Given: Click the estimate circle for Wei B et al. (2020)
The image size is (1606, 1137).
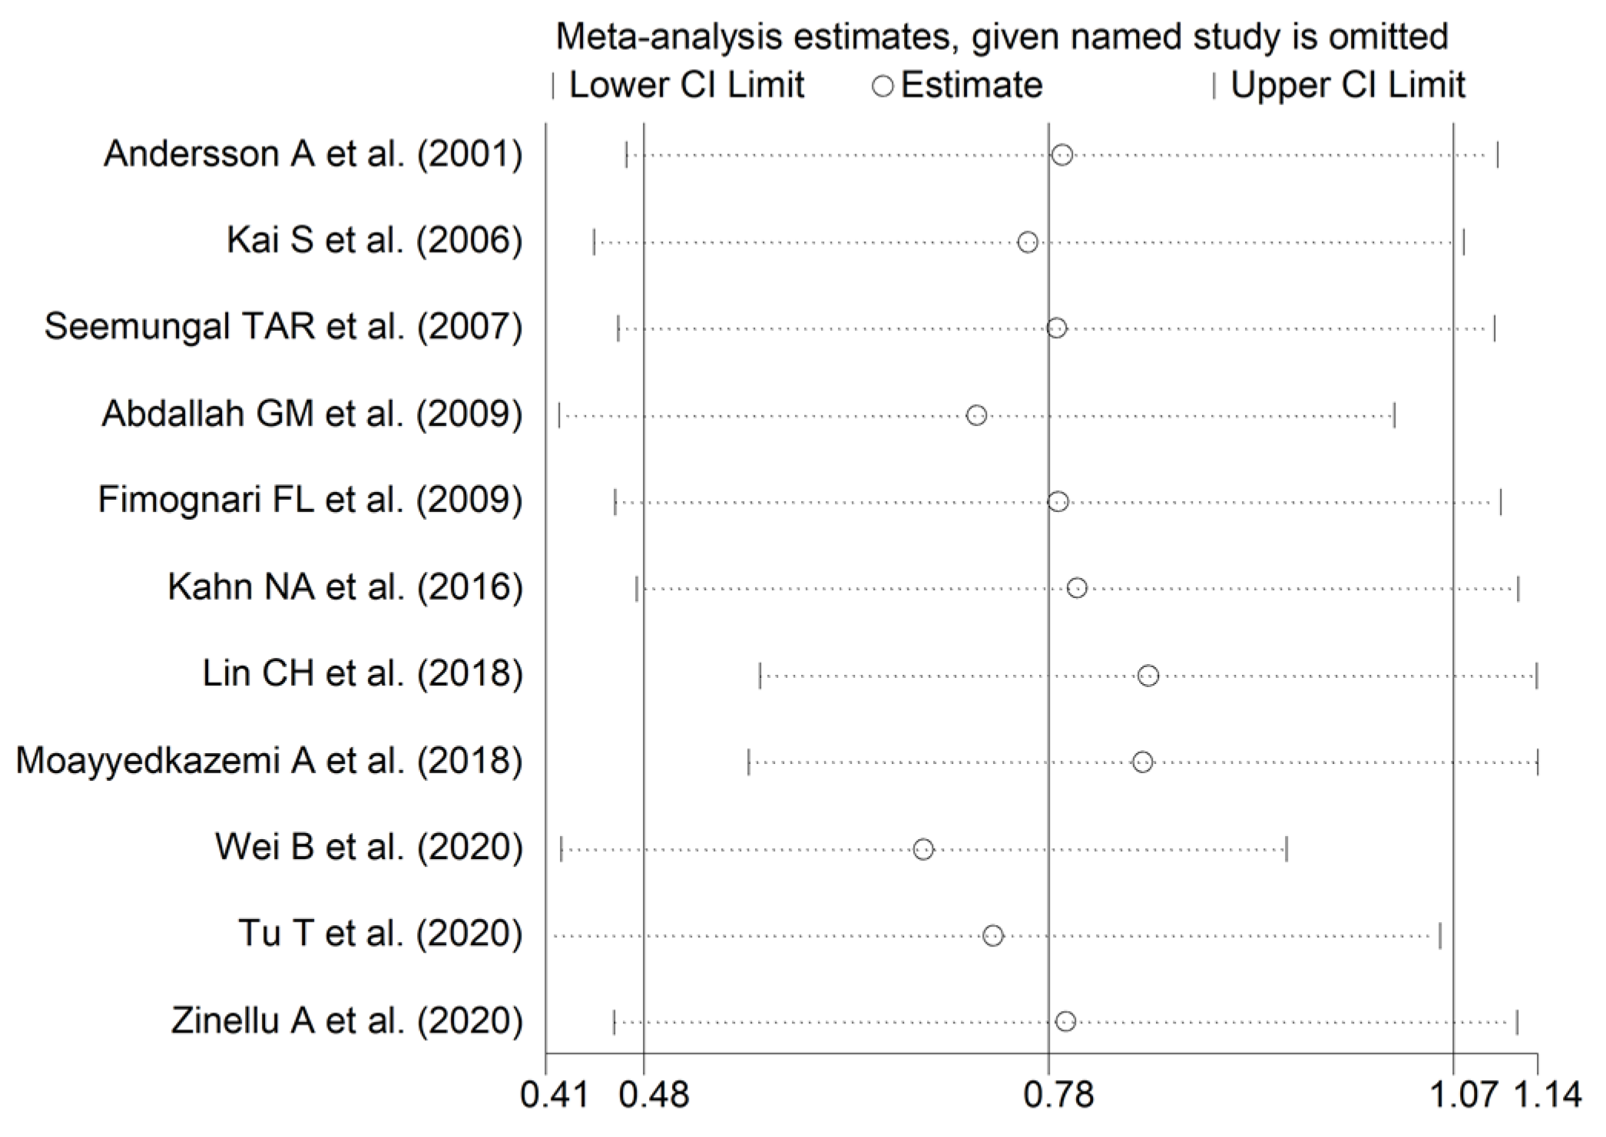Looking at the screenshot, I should click(x=923, y=849).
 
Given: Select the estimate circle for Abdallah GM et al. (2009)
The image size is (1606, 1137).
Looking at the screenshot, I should click(x=976, y=415).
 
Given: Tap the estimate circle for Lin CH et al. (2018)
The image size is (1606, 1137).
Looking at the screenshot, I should click(x=1148, y=676).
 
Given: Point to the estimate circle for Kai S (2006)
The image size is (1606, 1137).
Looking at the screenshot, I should click(x=1028, y=243).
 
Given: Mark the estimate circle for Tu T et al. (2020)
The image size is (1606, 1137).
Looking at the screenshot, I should click(x=993, y=936).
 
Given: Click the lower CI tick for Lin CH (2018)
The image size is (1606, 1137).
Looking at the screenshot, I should click(x=760, y=676).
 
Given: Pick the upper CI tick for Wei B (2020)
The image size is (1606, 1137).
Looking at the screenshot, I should click(x=1286, y=849).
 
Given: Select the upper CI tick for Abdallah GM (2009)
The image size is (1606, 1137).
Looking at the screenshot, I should click(x=1394, y=415).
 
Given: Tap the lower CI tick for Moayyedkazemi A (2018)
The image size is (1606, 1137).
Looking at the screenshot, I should click(x=749, y=762).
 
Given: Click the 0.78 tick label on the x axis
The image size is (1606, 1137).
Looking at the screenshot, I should click(x=1058, y=1094).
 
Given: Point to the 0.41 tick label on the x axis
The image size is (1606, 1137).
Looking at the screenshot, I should click(x=555, y=1094).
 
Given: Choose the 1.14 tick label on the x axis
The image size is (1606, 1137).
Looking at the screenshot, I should click(x=1547, y=1094).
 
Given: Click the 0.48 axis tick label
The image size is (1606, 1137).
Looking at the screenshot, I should click(x=654, y=1094).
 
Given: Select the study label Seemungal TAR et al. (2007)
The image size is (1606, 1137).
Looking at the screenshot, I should click(x=283, y=326).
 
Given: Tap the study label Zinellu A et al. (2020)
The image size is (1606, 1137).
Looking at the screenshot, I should click(x=346, y=1021).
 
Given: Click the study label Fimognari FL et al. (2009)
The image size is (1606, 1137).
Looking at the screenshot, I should click(x=310, y=500).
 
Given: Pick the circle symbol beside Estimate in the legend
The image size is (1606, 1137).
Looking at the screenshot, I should click(x=883, y=86).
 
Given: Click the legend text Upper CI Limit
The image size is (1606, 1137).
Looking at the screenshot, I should click(x=1348, y=84).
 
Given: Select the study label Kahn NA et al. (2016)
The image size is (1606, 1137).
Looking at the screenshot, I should click(x=345, y=587).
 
